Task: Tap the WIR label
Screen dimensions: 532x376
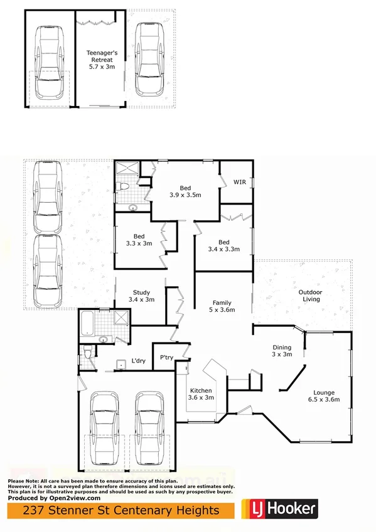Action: click(x=239, y=183)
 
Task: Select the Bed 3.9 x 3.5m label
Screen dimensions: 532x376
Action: click(x=185, y=191)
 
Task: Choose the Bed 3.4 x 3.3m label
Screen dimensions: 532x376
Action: click(x=224, y=246)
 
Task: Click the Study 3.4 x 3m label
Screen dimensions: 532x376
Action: click(x=141, y=296)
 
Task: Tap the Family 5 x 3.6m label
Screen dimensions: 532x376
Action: click(x=222, y=306)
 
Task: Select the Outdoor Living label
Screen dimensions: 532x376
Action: click(x=309, y=295)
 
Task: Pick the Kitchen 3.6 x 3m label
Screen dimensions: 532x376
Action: click(x=201, y=394)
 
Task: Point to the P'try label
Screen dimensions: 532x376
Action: click(x=166, y=358)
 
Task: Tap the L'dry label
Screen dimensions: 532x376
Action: click(x=138, y=361)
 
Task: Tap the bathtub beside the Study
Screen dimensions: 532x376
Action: click(x=88, y=323)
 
